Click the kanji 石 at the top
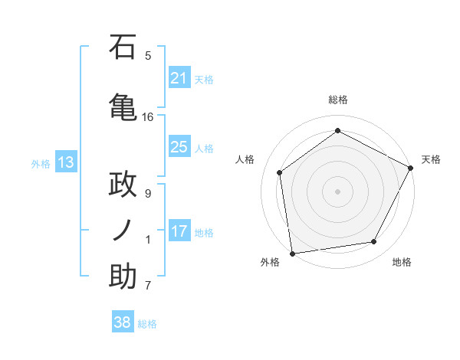pos(123,48)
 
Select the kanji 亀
pos(123,106)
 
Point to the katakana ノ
pos(123,230)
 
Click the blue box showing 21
pos(179,78)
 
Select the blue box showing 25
pos(179,147)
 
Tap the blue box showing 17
pos(179,231)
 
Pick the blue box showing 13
pos(65,162)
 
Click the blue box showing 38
pos(123,322)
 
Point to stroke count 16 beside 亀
pos(148,117)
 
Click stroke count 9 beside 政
pos(148,194)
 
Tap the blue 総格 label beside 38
pos(147,324)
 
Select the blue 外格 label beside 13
pos(41,163)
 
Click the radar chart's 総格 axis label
pos(337,100)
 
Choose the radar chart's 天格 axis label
pos(431,159)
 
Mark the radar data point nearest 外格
pos(292,253)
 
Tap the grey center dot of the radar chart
pos(337,191)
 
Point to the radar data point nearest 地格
pos(374,242)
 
